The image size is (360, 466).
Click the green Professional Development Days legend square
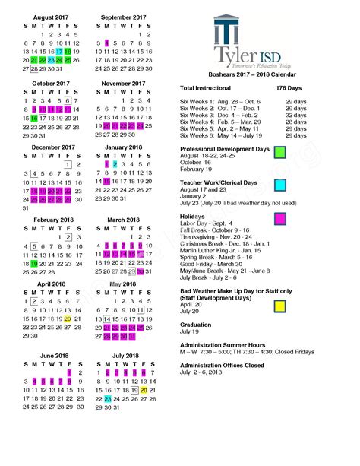tap(279, 152)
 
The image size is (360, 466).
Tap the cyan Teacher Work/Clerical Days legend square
tap(279, 185)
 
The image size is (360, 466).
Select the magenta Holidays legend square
tap(279, 218)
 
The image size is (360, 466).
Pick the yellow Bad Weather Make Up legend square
tap(279, 305)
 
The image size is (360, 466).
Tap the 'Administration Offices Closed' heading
tap(222, 365)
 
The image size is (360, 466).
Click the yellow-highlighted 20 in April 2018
tap(68, 319)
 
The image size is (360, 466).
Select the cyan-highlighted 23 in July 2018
tap(108, 398)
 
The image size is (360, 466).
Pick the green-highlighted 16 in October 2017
tap(34, 119)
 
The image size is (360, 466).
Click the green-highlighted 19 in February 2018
tap(34, 263)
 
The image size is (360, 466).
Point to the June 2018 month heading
tap(49, 355)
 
